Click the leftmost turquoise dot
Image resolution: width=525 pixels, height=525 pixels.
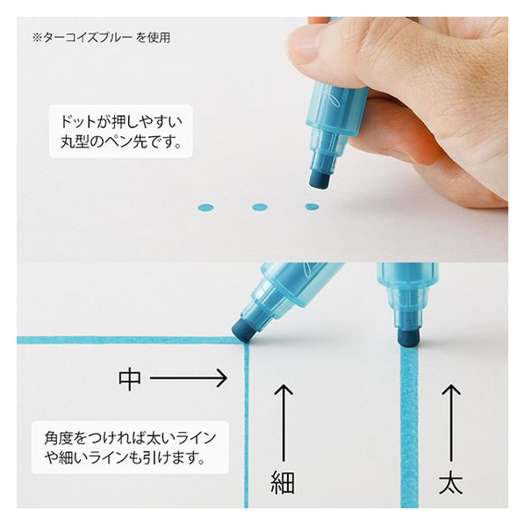(205, 207)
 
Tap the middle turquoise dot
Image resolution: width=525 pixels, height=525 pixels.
(260, 207)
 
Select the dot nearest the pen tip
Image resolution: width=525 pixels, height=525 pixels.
(312, 206)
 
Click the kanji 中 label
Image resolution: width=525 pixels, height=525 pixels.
(130, 378)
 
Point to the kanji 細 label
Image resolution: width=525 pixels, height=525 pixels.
(283, 482)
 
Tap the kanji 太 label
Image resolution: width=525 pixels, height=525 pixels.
(450, 482)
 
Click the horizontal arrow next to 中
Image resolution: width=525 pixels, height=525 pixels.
(189, 378)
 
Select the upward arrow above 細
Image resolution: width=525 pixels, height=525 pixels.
(284, 423)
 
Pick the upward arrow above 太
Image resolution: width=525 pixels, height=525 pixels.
(451, 423)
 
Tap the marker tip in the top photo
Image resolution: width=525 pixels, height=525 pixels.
(320, 179)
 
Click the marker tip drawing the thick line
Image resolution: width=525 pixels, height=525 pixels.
(409, 336)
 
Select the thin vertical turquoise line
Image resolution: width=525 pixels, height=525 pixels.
(247, 425)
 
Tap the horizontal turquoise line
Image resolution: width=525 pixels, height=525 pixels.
(130, 341)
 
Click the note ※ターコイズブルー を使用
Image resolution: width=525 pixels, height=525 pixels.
(101, 38)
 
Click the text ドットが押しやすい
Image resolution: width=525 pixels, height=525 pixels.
(121, 121)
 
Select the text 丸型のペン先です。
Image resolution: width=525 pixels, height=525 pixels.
(121, 142)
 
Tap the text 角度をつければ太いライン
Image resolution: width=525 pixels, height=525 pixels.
(130, 438)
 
